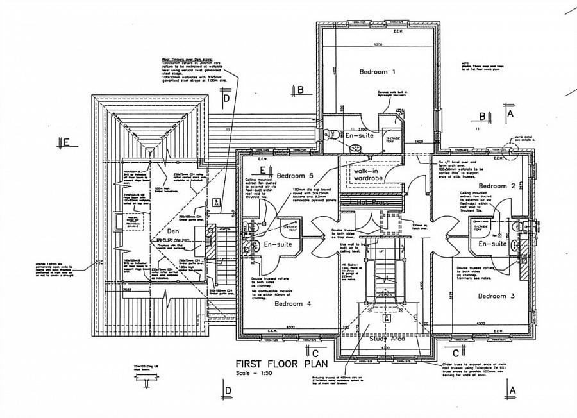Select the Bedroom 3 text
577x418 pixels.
(496, 296)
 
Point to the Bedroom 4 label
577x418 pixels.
(292, 304)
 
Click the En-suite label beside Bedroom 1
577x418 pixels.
(358, 137)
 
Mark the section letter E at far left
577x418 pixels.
(65, 142)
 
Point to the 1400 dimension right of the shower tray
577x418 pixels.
(419, 140)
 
